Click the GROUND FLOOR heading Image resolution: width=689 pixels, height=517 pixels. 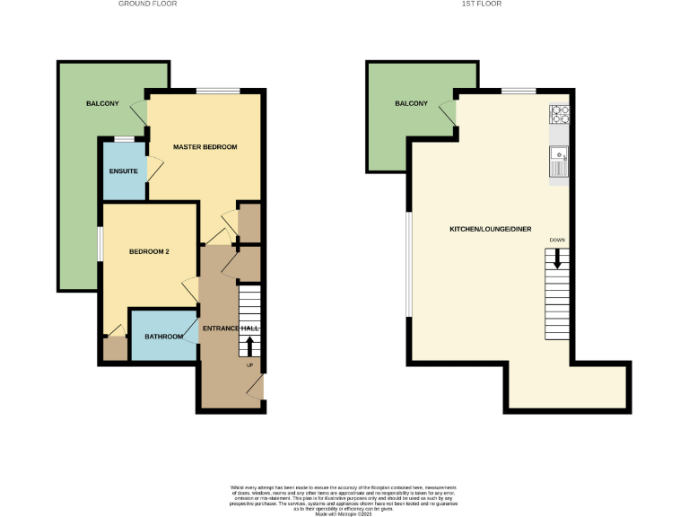click(148, 4)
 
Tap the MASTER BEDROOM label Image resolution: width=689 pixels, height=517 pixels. click(205, 146)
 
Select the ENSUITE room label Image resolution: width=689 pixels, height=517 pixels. click(123, 171)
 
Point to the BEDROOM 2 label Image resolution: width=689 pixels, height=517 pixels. click(149, 251)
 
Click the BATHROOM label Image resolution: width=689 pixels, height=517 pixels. click(164, 337)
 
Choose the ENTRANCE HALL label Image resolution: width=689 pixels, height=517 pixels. click(231, 329)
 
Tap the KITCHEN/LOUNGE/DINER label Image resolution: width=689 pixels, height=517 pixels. click(490, 229)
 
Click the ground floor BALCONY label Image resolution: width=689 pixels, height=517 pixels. click(102, 104)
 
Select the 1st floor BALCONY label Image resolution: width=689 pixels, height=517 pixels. click(411, 104)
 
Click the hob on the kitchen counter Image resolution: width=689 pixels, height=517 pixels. click(559, 114)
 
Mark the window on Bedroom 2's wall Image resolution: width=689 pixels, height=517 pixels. click(100, 245)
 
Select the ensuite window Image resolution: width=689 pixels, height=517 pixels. click(123, 138)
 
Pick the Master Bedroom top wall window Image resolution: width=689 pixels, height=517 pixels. click(218, 91)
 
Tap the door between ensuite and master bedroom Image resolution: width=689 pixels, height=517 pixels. click(153, 169)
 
